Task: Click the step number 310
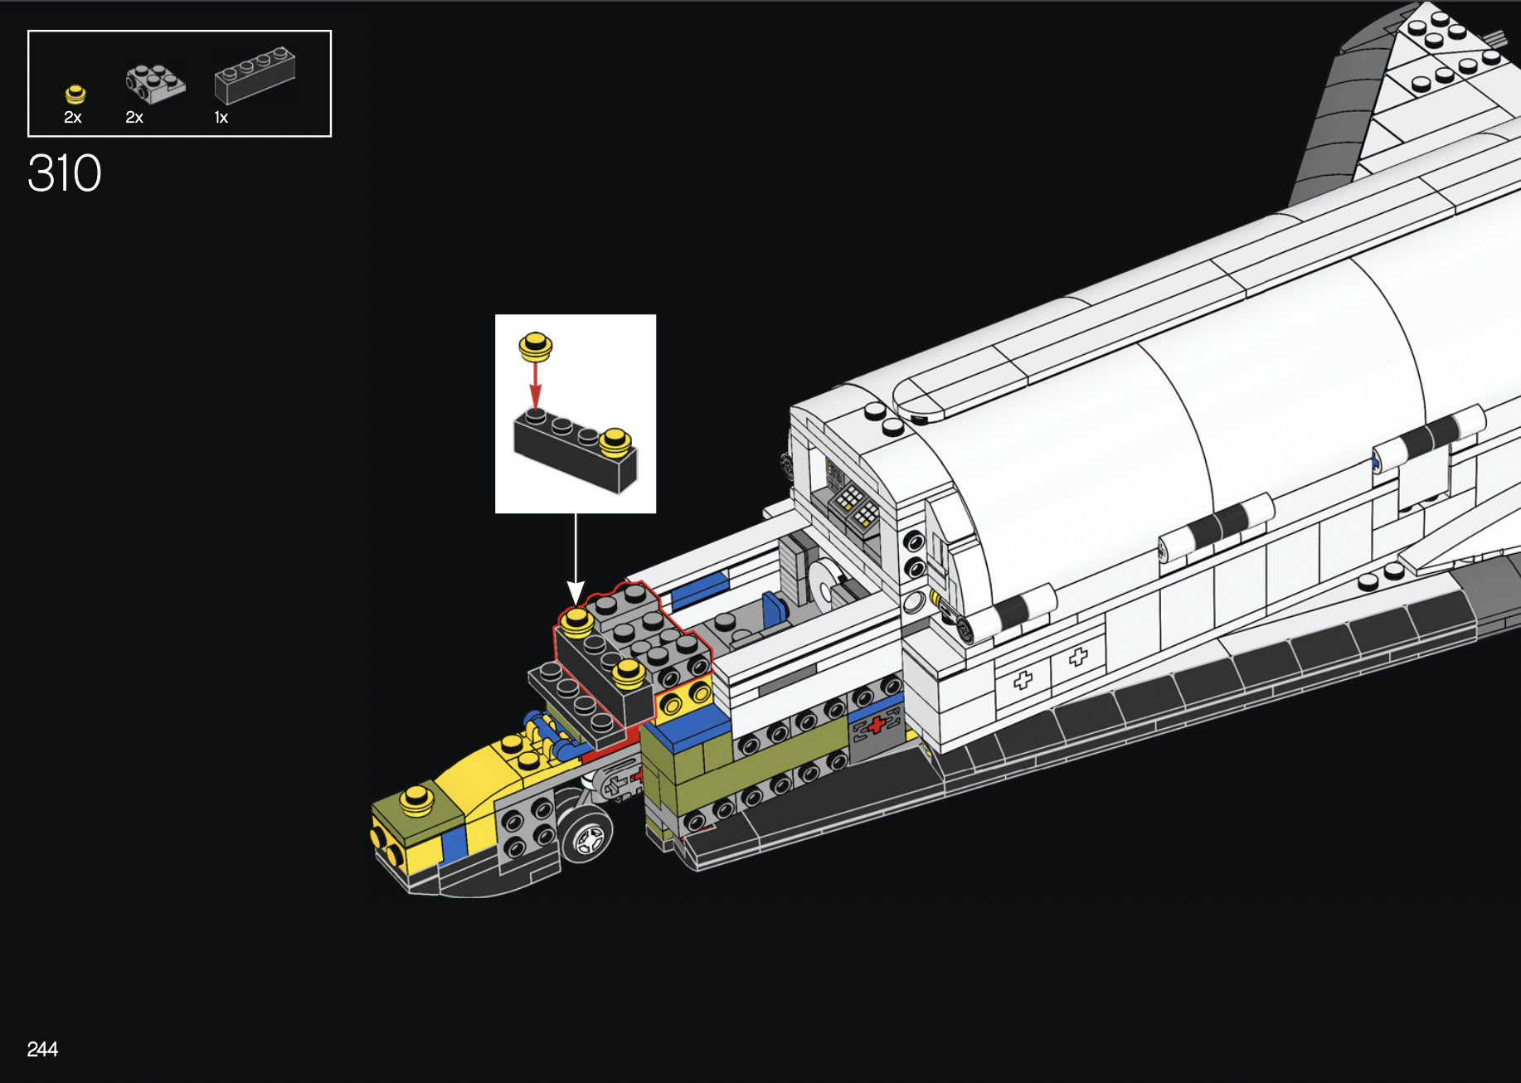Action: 65,173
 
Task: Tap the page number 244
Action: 42,1049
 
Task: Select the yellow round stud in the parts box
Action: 75,94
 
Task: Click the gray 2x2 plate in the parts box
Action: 155,83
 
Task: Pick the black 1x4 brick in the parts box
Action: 255,75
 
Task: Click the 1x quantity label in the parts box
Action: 221,118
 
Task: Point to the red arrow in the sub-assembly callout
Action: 536,385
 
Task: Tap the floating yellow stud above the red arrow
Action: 536,346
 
